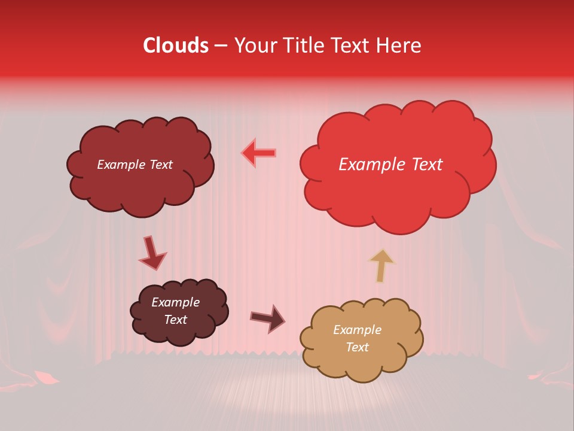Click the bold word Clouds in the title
point(176,45)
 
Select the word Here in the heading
point(400,45)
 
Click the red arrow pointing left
point(259,153)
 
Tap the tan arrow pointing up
point(381,265)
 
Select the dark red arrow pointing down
point(152,253)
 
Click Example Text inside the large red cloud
point(390,165)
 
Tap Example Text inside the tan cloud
point(357,338)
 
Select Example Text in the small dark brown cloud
point(175,311)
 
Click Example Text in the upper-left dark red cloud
point(135,165)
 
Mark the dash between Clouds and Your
point(220,46)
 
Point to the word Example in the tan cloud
point(357,330)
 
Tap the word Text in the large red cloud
point(424,165)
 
